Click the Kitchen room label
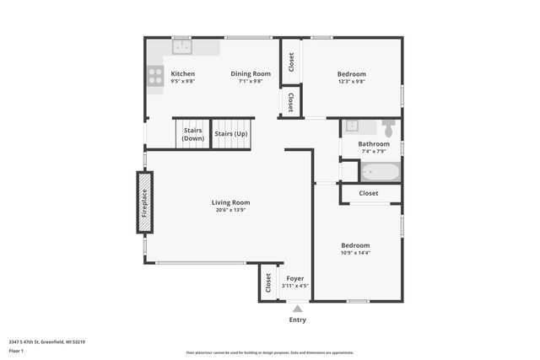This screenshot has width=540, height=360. [x=182, y=74]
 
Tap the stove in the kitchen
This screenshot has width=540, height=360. [x=156, y=76]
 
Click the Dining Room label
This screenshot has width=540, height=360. [x=251, y=74]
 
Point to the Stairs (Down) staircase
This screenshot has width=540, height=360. [x=192, y=135]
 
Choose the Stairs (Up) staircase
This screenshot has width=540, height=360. [x=231, y=134]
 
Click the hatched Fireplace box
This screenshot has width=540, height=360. [x=145, y=202]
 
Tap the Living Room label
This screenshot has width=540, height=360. [x=230, y=202]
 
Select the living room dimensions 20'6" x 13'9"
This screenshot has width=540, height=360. [x=230, y=210]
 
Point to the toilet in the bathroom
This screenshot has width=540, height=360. [x=388, y=128]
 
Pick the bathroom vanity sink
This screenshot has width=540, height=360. [x=352, y=127]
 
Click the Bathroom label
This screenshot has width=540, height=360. [x=374, y=144]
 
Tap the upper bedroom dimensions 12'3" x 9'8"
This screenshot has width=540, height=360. [x=351, y=82]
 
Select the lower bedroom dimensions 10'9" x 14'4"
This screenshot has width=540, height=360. [x=355, y=253]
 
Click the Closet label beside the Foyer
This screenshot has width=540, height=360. [x=268, y=282]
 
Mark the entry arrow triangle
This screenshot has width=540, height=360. [x=297, y=309]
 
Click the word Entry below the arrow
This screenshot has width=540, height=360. [x=297, y=320]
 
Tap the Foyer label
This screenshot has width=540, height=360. [x=295, y=278]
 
